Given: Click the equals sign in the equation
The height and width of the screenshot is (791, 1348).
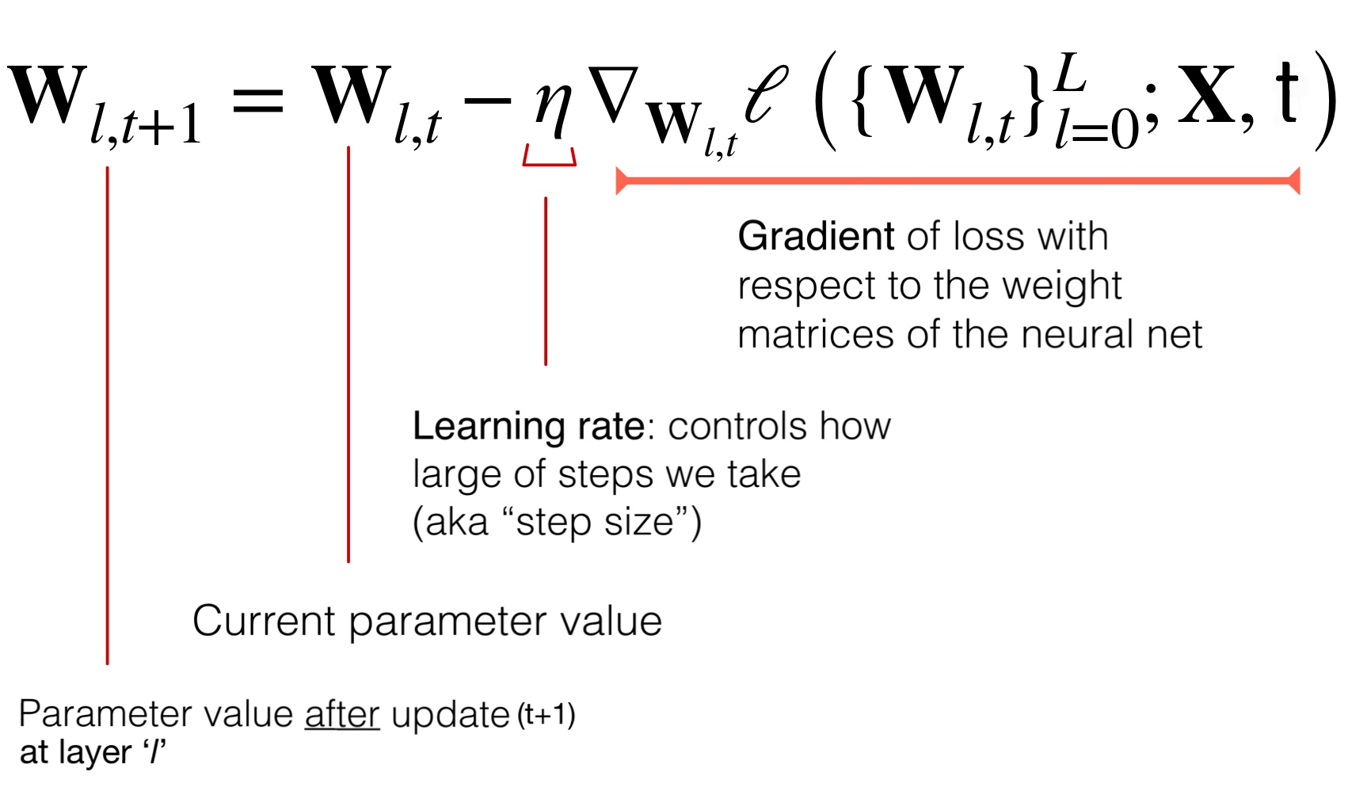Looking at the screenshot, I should click(257, 101).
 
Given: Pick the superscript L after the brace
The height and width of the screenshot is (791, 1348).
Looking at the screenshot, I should click(1070, 73).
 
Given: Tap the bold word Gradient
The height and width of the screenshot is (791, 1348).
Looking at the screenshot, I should click(816, 237).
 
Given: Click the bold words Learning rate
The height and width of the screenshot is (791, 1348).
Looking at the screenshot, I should click(528, 427).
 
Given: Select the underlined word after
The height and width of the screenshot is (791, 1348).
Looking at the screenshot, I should click(342, 715).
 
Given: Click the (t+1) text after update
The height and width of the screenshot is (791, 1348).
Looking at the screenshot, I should click(546, 716).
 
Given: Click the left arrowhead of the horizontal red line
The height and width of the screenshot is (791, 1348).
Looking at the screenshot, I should click(622, 181).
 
